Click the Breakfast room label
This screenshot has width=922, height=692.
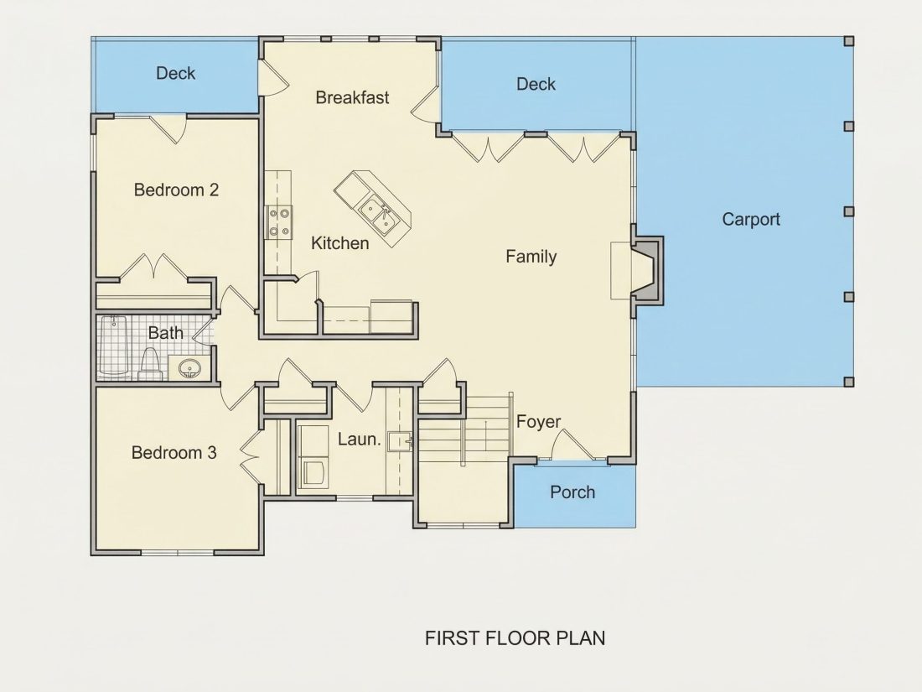(x=352, y=97)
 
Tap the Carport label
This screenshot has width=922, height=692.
(x=751, y=220)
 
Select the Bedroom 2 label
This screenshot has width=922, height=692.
(x=176, y=190)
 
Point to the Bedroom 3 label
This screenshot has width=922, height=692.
(x=174, y=452)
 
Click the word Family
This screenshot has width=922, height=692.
(x=531, y=257)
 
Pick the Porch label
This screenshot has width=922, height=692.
(x=572, y=492)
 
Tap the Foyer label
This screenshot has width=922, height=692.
(x=539, y=422)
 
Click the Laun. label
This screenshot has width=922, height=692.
(x=360, y=439)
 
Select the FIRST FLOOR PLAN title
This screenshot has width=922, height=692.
(x=515, y=637)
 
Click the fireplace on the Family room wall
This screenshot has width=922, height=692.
(x=647, y=271)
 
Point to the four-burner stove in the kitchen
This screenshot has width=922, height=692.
(x=279, y=222)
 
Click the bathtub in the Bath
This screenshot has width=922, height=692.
(x=113, y=346)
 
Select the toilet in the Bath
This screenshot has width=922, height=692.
(x=150, y=364)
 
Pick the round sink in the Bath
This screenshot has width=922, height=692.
(x=189, y=369)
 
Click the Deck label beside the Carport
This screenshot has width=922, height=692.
(x=536, y=84)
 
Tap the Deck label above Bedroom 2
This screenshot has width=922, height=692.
(x=175, y=73)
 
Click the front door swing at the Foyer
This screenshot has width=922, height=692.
(x=572, y=445)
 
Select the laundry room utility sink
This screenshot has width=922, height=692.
(x=400, y=440)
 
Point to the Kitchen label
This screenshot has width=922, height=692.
(x=339, y=243)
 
